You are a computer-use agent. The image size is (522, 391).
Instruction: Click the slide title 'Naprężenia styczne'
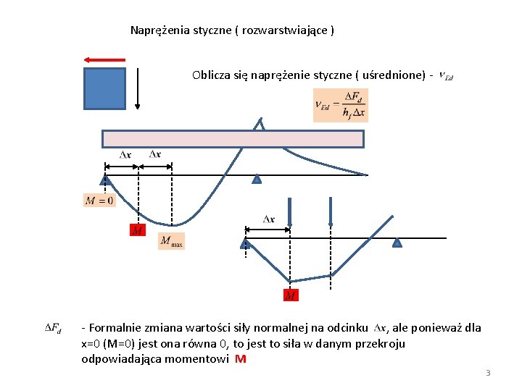[231, 30]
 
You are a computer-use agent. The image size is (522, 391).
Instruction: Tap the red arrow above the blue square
[104, 60]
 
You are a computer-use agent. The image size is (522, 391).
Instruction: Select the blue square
[104, 88]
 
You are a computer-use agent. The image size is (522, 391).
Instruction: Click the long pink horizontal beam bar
[233, 138]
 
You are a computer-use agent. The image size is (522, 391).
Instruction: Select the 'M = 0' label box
[99, 201]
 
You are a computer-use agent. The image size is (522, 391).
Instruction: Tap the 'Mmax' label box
[172, 241]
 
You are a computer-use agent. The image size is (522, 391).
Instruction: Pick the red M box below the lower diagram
[290, 295]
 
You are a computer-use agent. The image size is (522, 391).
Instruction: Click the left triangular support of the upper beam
[105, 179]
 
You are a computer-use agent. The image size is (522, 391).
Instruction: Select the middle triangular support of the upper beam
[256, 179]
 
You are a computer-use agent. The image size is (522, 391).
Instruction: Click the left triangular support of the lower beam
[246, 243]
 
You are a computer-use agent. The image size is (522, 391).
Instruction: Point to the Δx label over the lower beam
[268, 219]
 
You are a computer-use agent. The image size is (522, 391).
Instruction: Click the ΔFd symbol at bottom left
[53, 328]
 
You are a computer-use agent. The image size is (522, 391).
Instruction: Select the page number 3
[488, 373]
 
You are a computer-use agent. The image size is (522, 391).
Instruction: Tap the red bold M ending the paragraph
[241, 358]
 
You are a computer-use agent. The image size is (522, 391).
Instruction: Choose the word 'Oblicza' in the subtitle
[211, 75]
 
